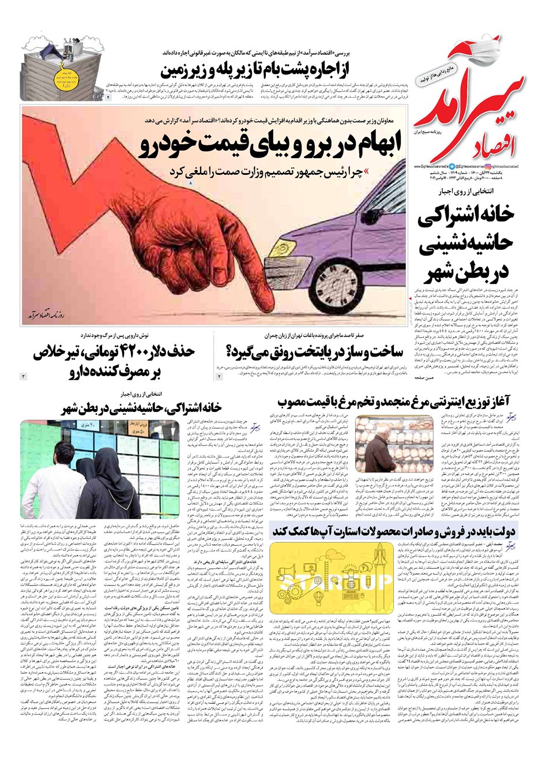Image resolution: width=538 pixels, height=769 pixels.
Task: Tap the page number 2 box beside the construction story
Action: pos(219,377)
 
